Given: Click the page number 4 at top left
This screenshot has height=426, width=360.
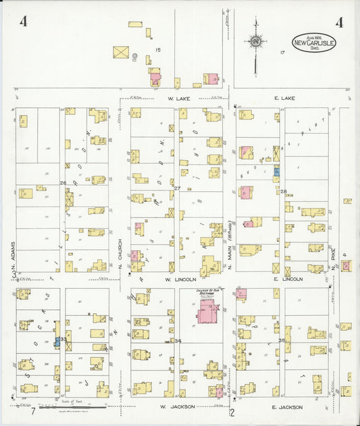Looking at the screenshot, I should [24, 22].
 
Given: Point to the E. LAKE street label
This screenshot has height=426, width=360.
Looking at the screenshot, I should [286, 99].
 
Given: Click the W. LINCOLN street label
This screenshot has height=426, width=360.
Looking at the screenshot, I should [180, 279].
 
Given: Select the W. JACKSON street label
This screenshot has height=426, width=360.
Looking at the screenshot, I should [178, 407].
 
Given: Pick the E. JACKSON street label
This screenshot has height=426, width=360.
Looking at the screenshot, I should [286, 407].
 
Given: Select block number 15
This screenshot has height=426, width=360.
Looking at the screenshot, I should [157, 51].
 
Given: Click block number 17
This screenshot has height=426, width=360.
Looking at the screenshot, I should [282, 52].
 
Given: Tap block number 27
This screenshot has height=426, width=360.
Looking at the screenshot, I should [177, 188].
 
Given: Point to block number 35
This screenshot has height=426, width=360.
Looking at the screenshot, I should [281, 341].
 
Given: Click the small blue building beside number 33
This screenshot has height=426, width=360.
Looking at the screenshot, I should [57, 341].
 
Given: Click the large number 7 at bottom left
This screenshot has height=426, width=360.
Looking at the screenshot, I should [32, 411].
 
